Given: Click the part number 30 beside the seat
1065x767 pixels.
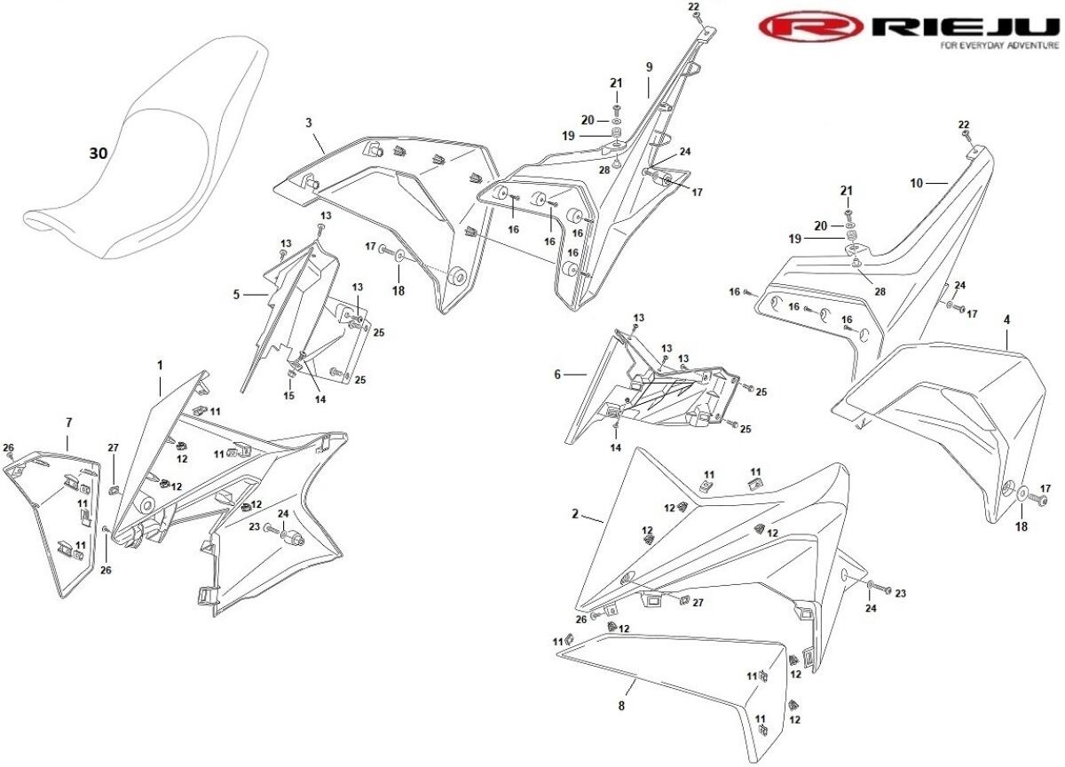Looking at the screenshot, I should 98,154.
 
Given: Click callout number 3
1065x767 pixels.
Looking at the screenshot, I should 309,122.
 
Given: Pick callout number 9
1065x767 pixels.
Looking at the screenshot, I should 649,67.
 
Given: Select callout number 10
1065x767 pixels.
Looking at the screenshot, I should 917,183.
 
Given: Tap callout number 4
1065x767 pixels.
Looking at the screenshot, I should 1006,318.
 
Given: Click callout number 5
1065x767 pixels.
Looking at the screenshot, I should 237,294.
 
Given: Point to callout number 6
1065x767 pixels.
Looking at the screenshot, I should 557,375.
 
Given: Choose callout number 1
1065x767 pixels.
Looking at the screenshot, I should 160,365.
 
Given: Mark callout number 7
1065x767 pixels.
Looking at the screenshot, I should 68,423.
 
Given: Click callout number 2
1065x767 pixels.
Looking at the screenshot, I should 575,514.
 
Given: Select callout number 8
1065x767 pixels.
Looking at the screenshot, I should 621,706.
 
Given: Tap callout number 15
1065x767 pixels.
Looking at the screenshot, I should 288,395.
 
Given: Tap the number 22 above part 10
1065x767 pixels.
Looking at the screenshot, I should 964,123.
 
